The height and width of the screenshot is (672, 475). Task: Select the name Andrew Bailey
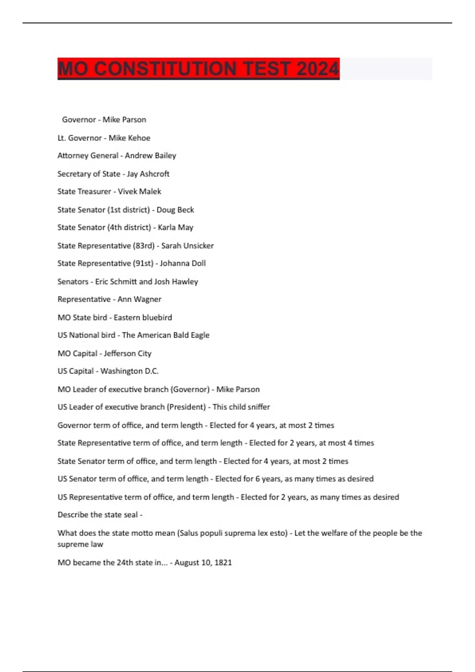pyautogui.click(x=150, y=155)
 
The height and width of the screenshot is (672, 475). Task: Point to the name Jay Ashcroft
pyautogui.click(x=148, y=174)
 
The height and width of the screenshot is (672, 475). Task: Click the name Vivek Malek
pyautogui.click(x=139, y=191)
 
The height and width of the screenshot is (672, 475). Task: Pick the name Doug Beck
pyautogui.click(x=175, y=210)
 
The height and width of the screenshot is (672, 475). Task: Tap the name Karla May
pyautogui.click(x=175, y=227)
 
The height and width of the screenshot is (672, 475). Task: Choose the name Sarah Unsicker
pyautogui.click(x=187, y=245)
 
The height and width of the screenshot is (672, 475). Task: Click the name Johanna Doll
pyautogui.click(x=182, y=263)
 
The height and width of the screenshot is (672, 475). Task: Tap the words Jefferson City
pyautogui.click(x=127, y=353)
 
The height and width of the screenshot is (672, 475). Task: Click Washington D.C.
pyautogui.click(x=129, y=371)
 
